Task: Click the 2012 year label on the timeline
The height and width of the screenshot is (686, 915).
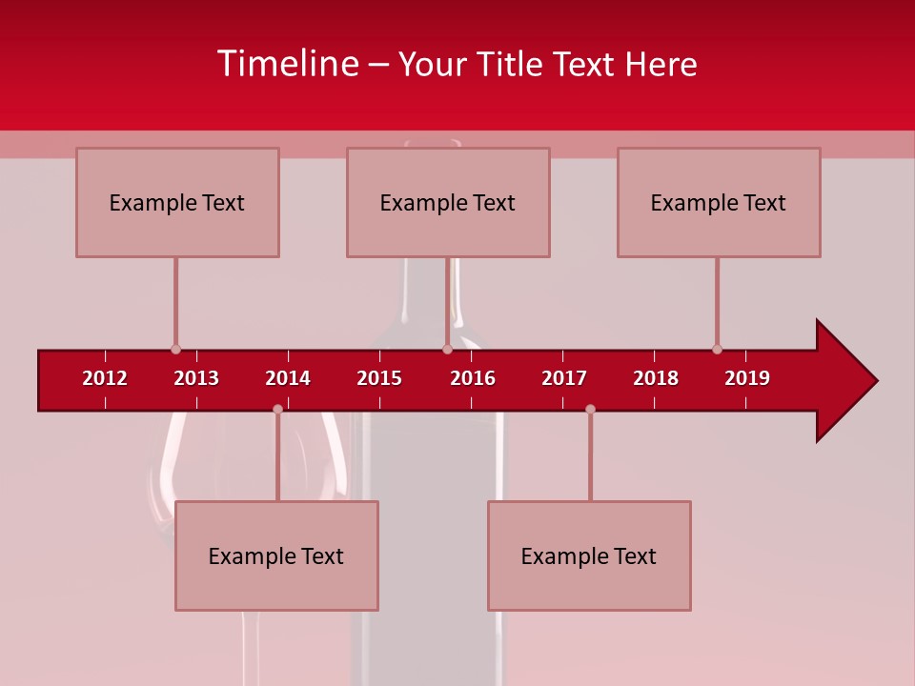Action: coord(105,378)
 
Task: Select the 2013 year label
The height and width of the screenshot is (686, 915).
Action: coord(196,378)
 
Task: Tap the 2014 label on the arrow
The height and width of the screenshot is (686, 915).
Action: coord(288,378)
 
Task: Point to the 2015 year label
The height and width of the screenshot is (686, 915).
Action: coord(379,378)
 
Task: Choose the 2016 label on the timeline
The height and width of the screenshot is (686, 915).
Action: coord(473,378)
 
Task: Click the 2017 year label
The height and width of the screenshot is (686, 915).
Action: coord(564,378)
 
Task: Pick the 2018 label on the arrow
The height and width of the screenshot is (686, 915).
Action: coord(656,378)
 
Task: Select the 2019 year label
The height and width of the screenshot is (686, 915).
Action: coord(747,378)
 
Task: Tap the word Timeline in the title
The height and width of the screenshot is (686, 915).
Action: coord(289,64)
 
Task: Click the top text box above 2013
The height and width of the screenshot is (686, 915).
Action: coord(177,202)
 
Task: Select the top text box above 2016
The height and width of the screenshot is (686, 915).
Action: coord(448,202)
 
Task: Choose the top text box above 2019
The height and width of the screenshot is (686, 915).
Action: coord(719,202)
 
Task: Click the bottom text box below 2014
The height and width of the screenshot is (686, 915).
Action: coord(276,555)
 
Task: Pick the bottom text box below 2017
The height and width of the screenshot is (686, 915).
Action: coord(589,555)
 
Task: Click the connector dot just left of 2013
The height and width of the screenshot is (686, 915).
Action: coord(175,350)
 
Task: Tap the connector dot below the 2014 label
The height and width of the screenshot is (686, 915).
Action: coord(277,410)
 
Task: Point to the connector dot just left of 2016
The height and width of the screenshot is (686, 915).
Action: coord(447,350)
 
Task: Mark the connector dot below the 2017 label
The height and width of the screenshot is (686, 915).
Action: coord(590,410)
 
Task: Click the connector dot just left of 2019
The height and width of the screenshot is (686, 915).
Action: coord(717,350)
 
